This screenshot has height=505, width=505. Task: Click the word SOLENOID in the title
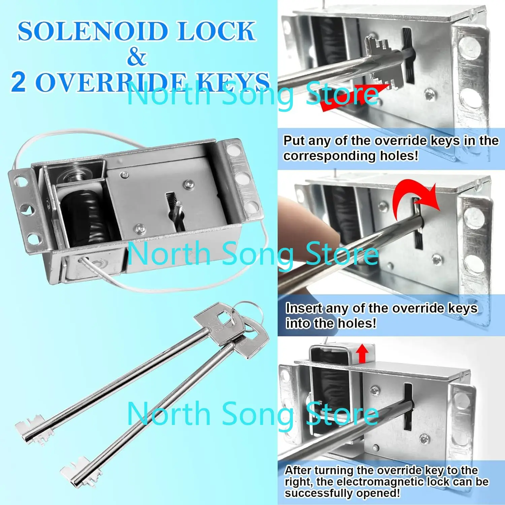point(93,31)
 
